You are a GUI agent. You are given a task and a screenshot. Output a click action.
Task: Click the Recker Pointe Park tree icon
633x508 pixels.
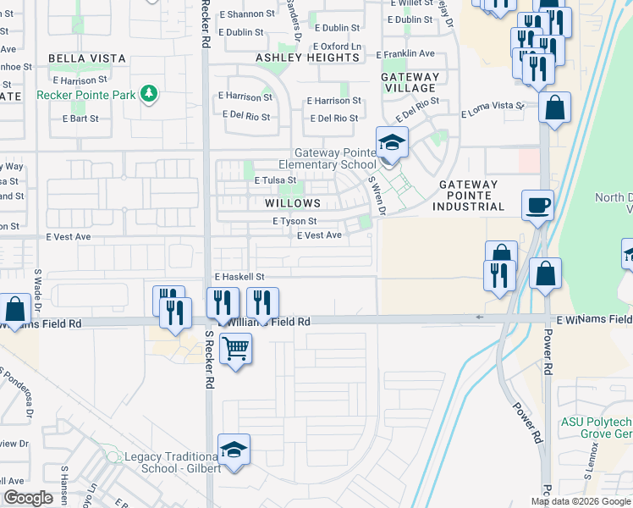point(150,92)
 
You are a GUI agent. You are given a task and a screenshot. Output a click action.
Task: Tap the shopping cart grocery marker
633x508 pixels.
point(235,347)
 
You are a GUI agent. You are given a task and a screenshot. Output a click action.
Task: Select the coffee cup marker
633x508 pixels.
point(539,206)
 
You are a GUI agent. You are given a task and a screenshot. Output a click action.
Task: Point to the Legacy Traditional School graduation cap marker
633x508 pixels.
point(234,450)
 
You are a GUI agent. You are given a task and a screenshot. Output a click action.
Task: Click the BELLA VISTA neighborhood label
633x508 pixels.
point(87,58)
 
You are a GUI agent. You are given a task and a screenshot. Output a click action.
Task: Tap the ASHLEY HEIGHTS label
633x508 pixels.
point(307,57)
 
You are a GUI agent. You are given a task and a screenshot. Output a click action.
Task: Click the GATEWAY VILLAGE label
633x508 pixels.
point(410,82)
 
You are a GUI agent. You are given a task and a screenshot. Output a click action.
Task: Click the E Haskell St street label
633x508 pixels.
point(239,277)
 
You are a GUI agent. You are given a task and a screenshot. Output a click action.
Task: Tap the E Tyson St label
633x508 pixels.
point(294,221)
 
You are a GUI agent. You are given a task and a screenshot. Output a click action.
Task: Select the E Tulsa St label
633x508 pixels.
point(276,180)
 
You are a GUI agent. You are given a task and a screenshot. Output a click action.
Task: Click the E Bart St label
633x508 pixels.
point(81,119)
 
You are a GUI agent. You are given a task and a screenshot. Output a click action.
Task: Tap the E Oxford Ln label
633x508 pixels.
point(337,47)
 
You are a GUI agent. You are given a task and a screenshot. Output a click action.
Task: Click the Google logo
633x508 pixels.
point(28,498)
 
